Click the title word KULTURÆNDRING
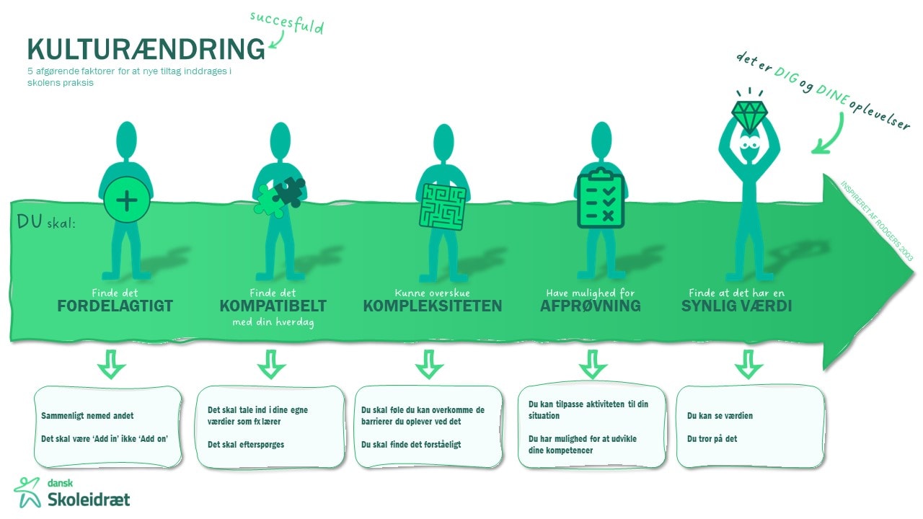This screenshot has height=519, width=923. (146, 49)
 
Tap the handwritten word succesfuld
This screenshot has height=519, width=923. (286, 22)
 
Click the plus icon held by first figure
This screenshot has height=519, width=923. (127, 200)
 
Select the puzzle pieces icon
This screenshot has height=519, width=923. (280, 197)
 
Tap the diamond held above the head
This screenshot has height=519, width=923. (751, 113)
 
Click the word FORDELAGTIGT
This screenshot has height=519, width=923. (115, 306)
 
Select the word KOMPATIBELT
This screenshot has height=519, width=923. (273, 306)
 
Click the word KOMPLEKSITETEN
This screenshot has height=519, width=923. (432, 306)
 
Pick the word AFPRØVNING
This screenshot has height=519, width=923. (590, 306)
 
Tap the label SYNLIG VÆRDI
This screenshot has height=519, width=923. (737, 306)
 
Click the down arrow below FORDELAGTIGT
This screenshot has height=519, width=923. (112, 364)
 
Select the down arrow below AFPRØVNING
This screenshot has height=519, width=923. (593, 364)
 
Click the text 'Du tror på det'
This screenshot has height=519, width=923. (712, 438)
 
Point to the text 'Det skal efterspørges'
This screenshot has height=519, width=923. (246, 444)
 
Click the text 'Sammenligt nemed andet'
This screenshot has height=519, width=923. (87, 416)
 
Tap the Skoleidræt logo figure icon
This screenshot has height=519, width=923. (27, 492)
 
